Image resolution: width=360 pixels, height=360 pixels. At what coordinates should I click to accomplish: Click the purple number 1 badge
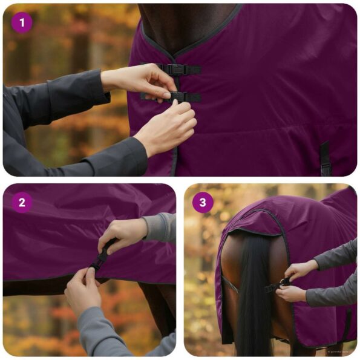tap(22, 23)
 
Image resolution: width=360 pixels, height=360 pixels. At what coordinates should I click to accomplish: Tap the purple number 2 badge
tap(22, 203)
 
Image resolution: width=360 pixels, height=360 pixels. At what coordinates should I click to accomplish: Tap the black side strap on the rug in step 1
tap(326, 159)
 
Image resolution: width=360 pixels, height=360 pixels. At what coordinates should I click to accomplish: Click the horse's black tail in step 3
tap(254, 290)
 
